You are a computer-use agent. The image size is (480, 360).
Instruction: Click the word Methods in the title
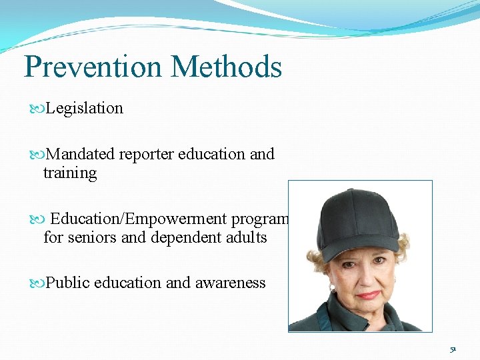click(226, 67)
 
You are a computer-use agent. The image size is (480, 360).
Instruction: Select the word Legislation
click(85, 108)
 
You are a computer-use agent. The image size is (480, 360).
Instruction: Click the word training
click(70, 173)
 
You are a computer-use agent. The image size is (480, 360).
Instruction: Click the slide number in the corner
click(453, 349)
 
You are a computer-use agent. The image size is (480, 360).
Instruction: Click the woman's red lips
click(368, 294)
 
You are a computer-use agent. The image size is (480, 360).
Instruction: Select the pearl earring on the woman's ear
click(332, 288)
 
